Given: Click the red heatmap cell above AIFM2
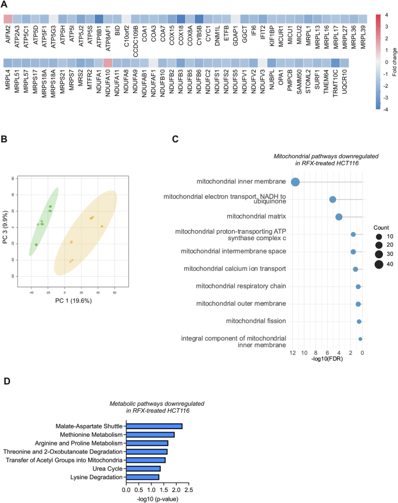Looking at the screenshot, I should click(8, 19).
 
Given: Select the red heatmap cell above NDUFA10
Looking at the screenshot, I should click(107, 63).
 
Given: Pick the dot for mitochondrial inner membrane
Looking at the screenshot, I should click(295, 183).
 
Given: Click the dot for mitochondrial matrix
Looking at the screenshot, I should click(339, 217).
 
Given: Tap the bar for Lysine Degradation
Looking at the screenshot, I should click(142, 477).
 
